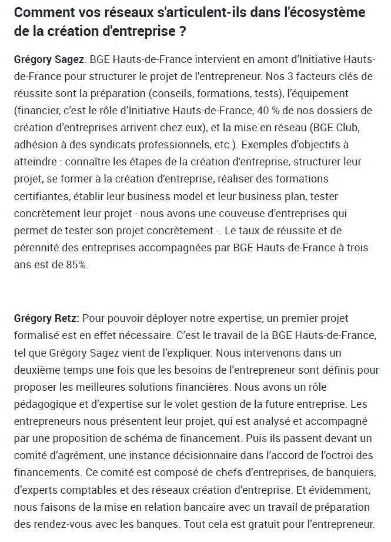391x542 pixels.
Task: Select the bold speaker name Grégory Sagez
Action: (x=49, y=60)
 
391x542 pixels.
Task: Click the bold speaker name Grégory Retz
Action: (x=46, y=318)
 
